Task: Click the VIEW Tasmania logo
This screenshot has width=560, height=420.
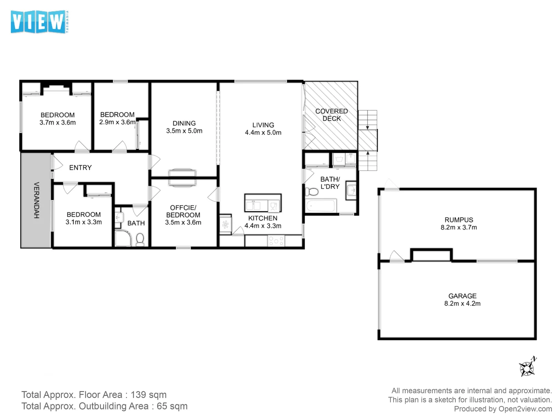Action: click(x=39, y=22)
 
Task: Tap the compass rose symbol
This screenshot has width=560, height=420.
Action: click(x=527, y=367)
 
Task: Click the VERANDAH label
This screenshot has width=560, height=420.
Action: click(x=36, y=200)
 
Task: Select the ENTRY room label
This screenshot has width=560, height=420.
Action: click(x=80, y=168)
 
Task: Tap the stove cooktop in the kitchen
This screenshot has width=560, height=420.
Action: click(x=276, y=241)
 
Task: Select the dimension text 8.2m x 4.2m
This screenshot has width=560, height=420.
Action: click(x=462, y=304)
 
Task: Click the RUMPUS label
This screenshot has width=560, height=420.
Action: click(x=459, y=220)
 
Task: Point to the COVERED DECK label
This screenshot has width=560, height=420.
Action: click(x=331, y=115)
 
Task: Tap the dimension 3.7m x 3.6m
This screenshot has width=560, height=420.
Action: click(x=58, y=122)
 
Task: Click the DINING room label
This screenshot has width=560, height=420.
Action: click(x=184, y=123)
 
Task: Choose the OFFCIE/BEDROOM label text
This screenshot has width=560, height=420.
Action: click(x=183, y=211)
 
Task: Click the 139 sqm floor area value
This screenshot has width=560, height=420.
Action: click(x=149, y=395)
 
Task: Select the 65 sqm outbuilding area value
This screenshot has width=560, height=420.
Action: click(x=172, y=406)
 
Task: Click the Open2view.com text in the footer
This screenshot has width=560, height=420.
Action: click(x=525, y=409)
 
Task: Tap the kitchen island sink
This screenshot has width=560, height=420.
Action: click(x=253, y=205)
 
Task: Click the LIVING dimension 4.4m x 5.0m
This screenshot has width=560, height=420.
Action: click(x=263, y=133)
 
